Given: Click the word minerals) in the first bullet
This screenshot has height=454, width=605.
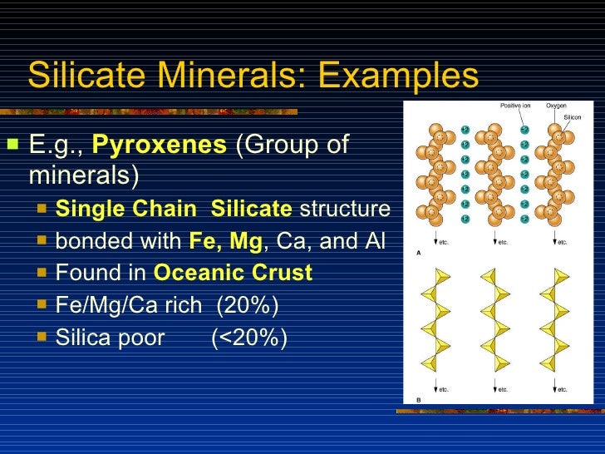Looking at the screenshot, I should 84,176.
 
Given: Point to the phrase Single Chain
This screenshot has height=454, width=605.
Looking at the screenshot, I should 128,209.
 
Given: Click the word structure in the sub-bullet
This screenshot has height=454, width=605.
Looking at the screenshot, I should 344,209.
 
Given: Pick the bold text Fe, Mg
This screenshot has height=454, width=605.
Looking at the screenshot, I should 225,241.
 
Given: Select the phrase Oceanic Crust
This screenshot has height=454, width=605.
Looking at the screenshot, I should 234,273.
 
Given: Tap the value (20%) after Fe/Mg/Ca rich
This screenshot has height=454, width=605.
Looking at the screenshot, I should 248,305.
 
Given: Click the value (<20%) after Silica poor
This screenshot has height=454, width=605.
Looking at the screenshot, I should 249,338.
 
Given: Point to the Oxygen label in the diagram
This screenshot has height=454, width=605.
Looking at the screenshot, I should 556,106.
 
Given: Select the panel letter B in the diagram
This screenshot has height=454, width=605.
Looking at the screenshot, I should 417,401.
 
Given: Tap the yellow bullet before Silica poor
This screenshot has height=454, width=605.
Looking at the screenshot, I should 42,338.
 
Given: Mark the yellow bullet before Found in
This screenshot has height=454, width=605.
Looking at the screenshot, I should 42,273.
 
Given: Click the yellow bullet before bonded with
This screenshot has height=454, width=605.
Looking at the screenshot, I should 42,241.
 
